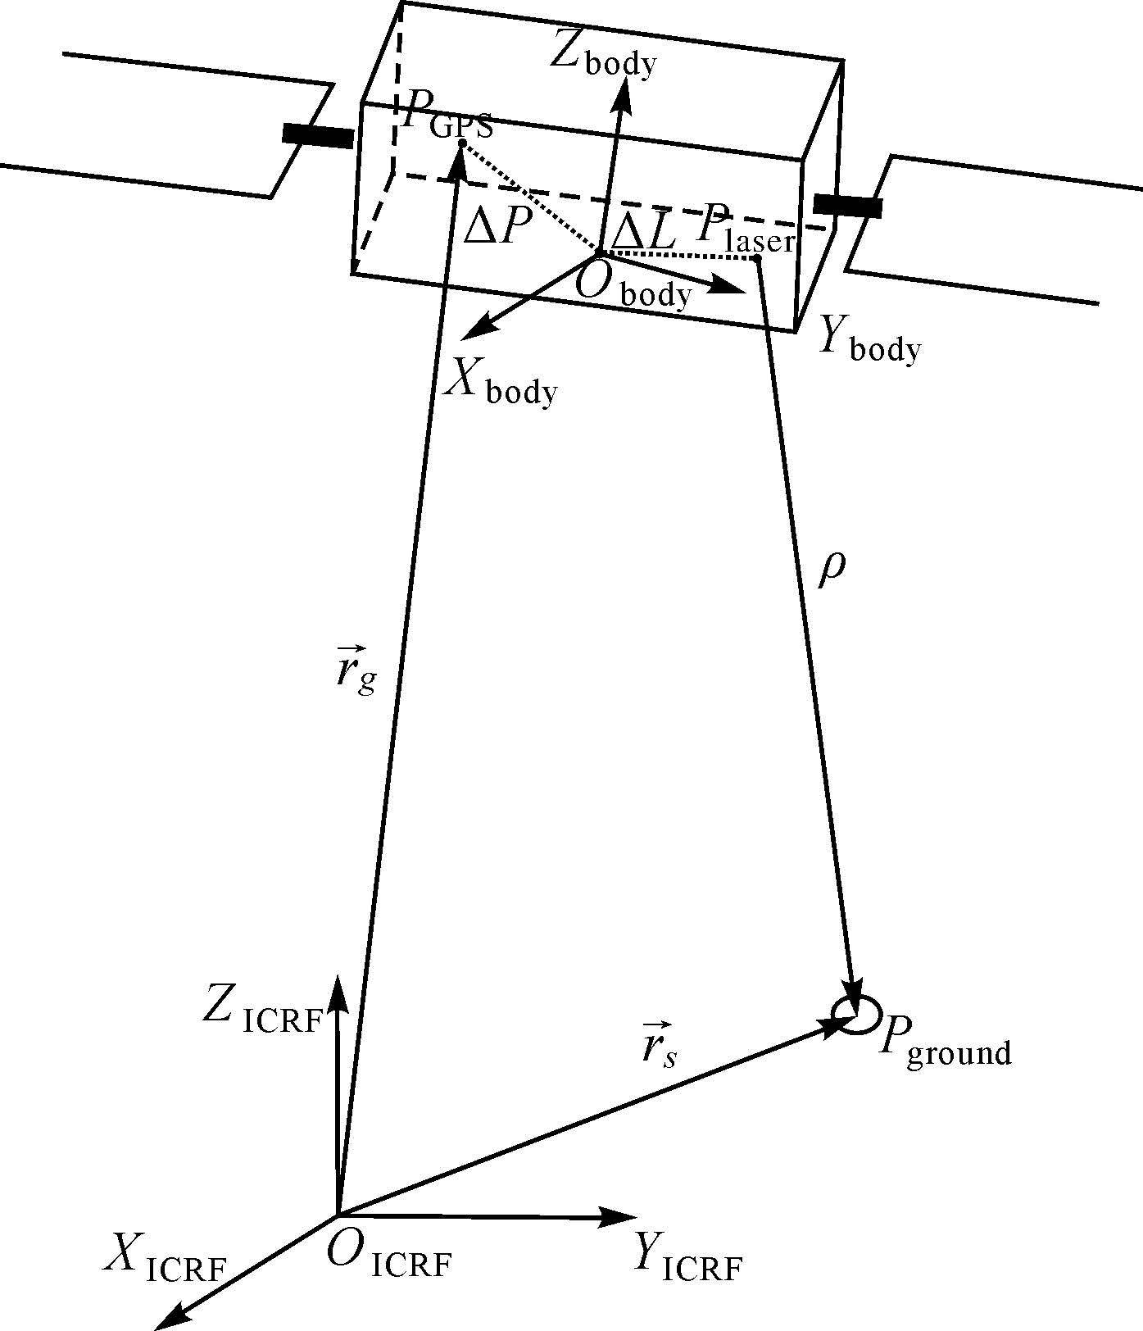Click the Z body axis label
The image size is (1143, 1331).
coord(604,54)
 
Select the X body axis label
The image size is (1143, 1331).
coord(501,381)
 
